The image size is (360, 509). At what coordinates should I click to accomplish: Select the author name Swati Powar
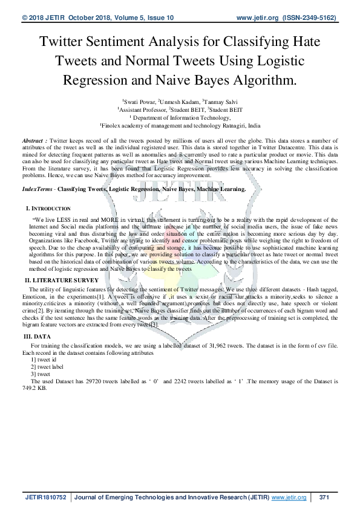coord(139,102)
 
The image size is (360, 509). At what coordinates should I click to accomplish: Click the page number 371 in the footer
coord(324,497)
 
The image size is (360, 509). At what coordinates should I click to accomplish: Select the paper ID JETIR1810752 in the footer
coord(47,497)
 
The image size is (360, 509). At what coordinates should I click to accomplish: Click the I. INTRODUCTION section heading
coord(48,209)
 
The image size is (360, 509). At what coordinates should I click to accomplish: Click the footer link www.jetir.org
coord(289,497)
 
